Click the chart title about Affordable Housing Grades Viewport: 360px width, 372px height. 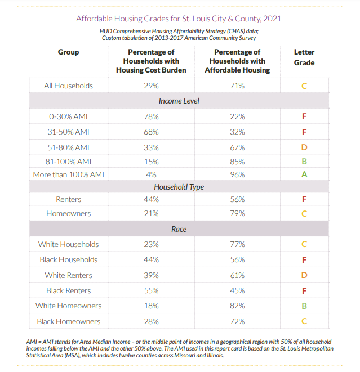coord(179,18)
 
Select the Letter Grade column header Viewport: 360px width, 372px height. coord(304,57)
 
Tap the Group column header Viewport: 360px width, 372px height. coord(68,52)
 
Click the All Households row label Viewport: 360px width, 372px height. coord(68,86)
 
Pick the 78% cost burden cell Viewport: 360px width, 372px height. coord(151,116)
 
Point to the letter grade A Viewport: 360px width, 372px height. coord(304,174)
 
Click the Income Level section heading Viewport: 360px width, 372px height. coord(179,101)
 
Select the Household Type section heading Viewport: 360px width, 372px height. coord(179,187)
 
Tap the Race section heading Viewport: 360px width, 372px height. coord(179,229)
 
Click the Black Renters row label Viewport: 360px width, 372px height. coord(68,290)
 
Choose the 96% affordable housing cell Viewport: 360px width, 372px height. coord(237,174)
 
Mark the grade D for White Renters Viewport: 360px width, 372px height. coord(304,275)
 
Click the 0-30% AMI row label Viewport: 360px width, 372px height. coord(68,116)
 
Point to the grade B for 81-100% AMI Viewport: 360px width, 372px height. coord(304,162)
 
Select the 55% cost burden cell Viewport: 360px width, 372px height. coord(151,290)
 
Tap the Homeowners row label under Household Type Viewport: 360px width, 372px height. coord(68,213)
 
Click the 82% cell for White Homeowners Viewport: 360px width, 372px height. coord(237,306)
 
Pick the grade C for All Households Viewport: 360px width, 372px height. coord(304,86)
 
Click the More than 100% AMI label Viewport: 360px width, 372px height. coord(68,174)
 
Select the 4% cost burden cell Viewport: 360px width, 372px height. coord(151,174)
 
